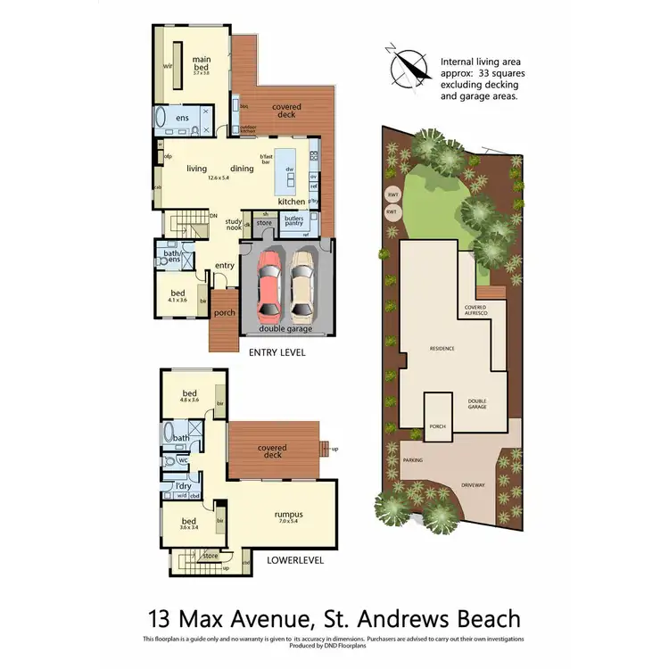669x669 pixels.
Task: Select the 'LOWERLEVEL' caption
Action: [x=295, y=562]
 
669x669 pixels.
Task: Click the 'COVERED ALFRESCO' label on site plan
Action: [x=475, y=309]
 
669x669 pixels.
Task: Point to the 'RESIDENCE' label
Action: [x=442, y=349]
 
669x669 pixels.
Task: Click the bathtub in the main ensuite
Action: [x=161, y=118]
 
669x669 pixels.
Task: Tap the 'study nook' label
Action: [x=234, y=226]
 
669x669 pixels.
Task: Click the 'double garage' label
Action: [x=285, y=330]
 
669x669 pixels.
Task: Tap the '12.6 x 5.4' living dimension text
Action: [x=219, y=178]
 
